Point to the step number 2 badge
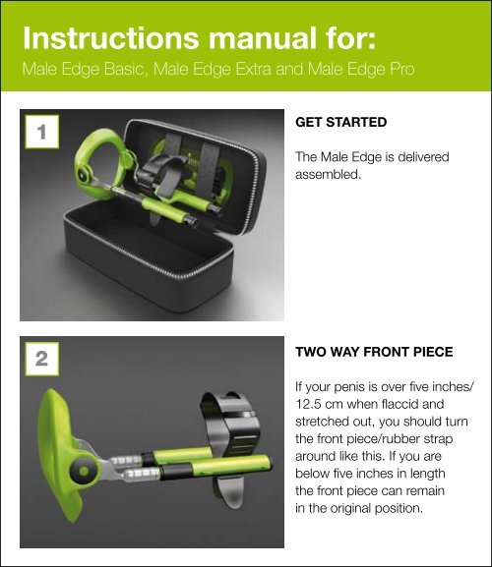pos(39,360)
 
